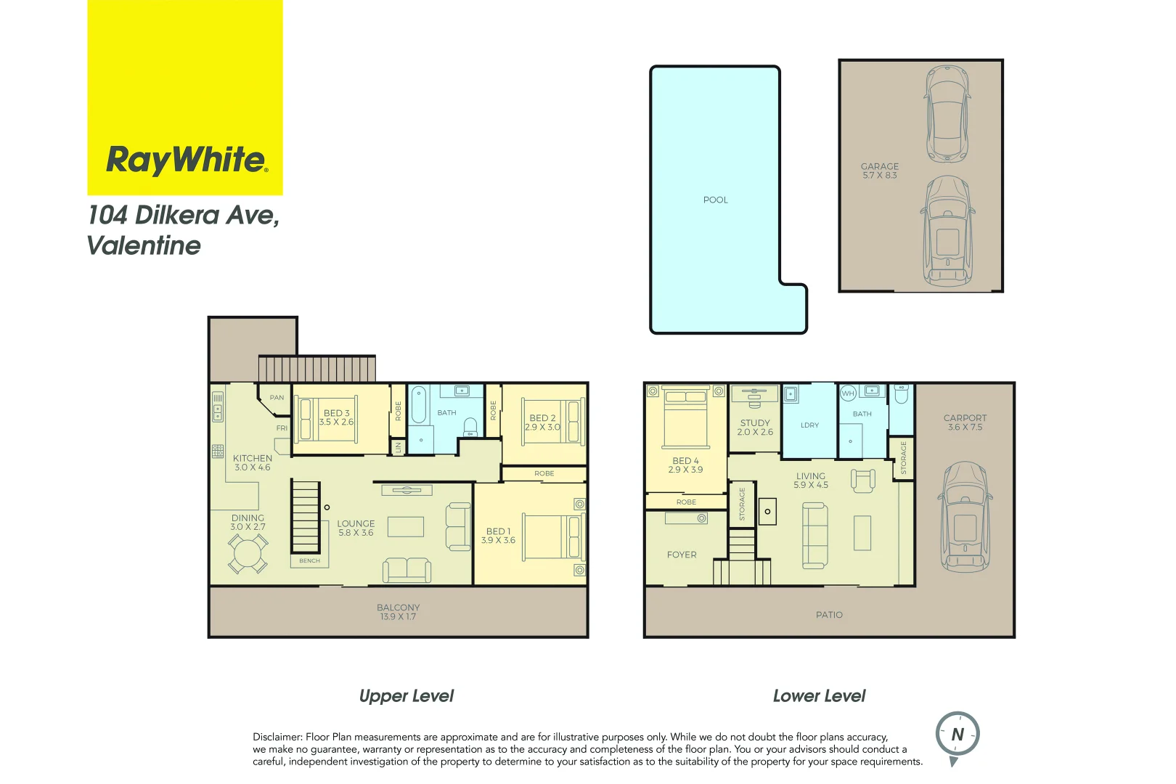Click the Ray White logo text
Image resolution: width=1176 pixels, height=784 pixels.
187,160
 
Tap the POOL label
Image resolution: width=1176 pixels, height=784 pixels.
715,200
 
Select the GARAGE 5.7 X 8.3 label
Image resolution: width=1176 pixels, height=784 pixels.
879,171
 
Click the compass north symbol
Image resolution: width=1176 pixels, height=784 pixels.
957,735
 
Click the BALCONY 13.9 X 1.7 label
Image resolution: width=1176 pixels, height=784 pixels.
398,612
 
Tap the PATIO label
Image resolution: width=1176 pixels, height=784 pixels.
829,615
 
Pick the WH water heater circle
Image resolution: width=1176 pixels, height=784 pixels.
848,393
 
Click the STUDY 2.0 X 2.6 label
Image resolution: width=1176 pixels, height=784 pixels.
755,428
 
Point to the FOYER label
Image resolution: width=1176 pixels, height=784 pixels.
682,555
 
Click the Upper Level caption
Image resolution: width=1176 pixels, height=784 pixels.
406,696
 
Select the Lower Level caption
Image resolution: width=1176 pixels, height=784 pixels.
819,696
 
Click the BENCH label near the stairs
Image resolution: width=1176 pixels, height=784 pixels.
309,560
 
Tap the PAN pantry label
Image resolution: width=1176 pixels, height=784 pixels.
277,398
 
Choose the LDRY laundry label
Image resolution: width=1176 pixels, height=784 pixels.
809,425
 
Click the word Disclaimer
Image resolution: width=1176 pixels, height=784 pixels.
277,737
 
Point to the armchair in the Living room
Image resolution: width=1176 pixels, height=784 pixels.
862,480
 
